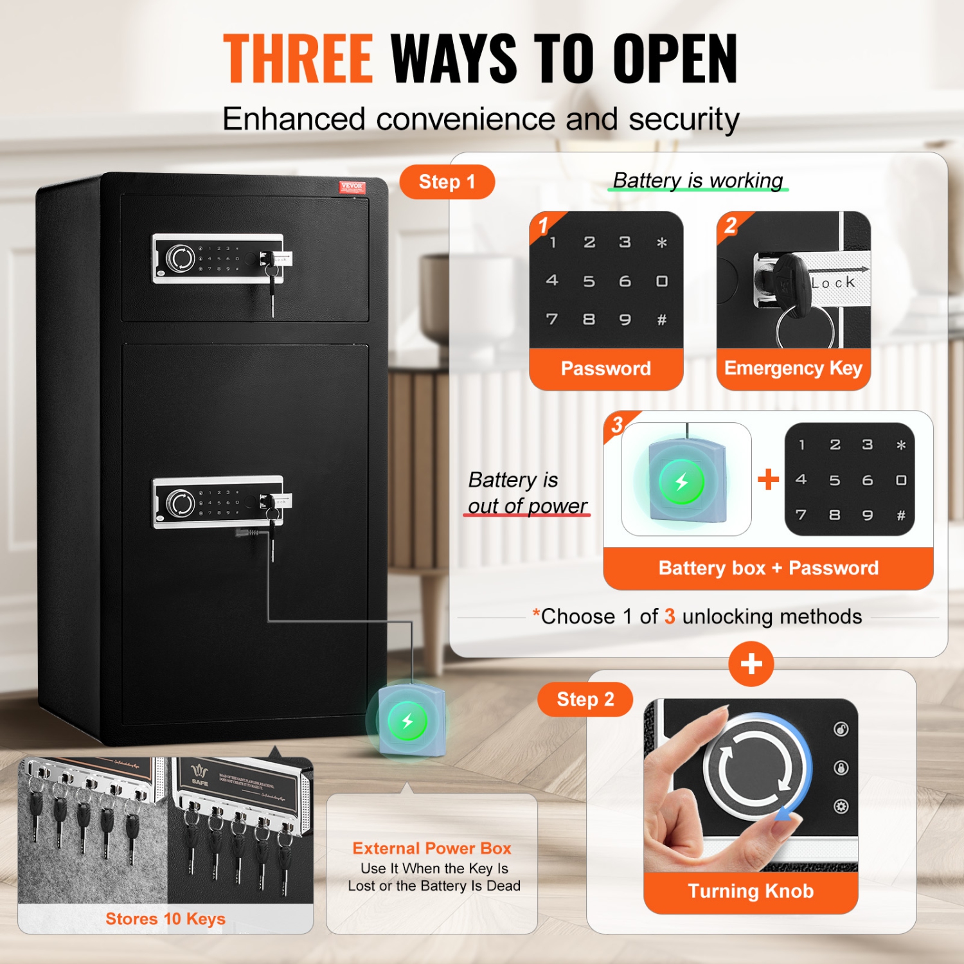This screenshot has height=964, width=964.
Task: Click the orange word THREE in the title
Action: pyautogui.click(x=298, y=58)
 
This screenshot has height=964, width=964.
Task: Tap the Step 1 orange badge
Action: pyautogui.click(x=447, y=182)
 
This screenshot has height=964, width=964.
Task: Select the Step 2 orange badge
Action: pyautogui.click(x=585, y=699)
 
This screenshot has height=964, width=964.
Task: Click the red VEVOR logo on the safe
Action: pyautogui.click(x=352, y=187)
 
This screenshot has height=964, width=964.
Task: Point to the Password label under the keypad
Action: pyautogui.click(x=605, y=368)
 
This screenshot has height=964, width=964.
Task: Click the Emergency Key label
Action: pyautogui.click(x=793, y=368)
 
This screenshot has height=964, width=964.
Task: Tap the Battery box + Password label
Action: pyautogui.click(x=768, y=568)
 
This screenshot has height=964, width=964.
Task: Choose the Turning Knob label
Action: pyautogui.click(x=751, y=891)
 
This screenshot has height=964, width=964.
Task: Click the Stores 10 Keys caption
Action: pyautogui.click(x=165, y=919)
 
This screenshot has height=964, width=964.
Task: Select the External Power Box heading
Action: pyautogui.click(x=432, y=848)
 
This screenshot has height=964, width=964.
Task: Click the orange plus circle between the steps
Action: pyautogui.click(x=751, y=664)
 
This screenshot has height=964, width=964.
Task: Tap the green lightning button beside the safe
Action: pyautogui.click(x=407, y=721)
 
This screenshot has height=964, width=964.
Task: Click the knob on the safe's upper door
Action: pyautogui.click(x=181, y=258)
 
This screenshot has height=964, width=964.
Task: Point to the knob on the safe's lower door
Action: pyautogui.click(x=181, y=503)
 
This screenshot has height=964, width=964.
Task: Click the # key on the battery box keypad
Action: pyautogui.click(x=901, y=515)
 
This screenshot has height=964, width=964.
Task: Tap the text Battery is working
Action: pyautogui.click(x=698, y=181)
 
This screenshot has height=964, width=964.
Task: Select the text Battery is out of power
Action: pyautogui.click(x=527, y=493)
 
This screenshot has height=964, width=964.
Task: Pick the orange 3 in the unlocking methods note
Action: pyautogui.click(x=670, y=617)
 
